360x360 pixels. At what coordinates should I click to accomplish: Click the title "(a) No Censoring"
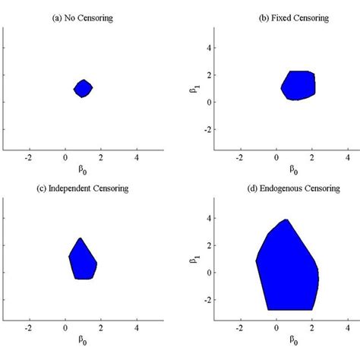click(84, 16)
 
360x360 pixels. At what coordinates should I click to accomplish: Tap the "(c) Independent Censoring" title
click(84, 187)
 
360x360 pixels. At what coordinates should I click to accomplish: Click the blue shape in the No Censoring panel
click(84, 88)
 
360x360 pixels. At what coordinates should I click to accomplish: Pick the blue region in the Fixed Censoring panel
click(298, 85)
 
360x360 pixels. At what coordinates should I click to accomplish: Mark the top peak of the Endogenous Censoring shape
click(286, 220)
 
